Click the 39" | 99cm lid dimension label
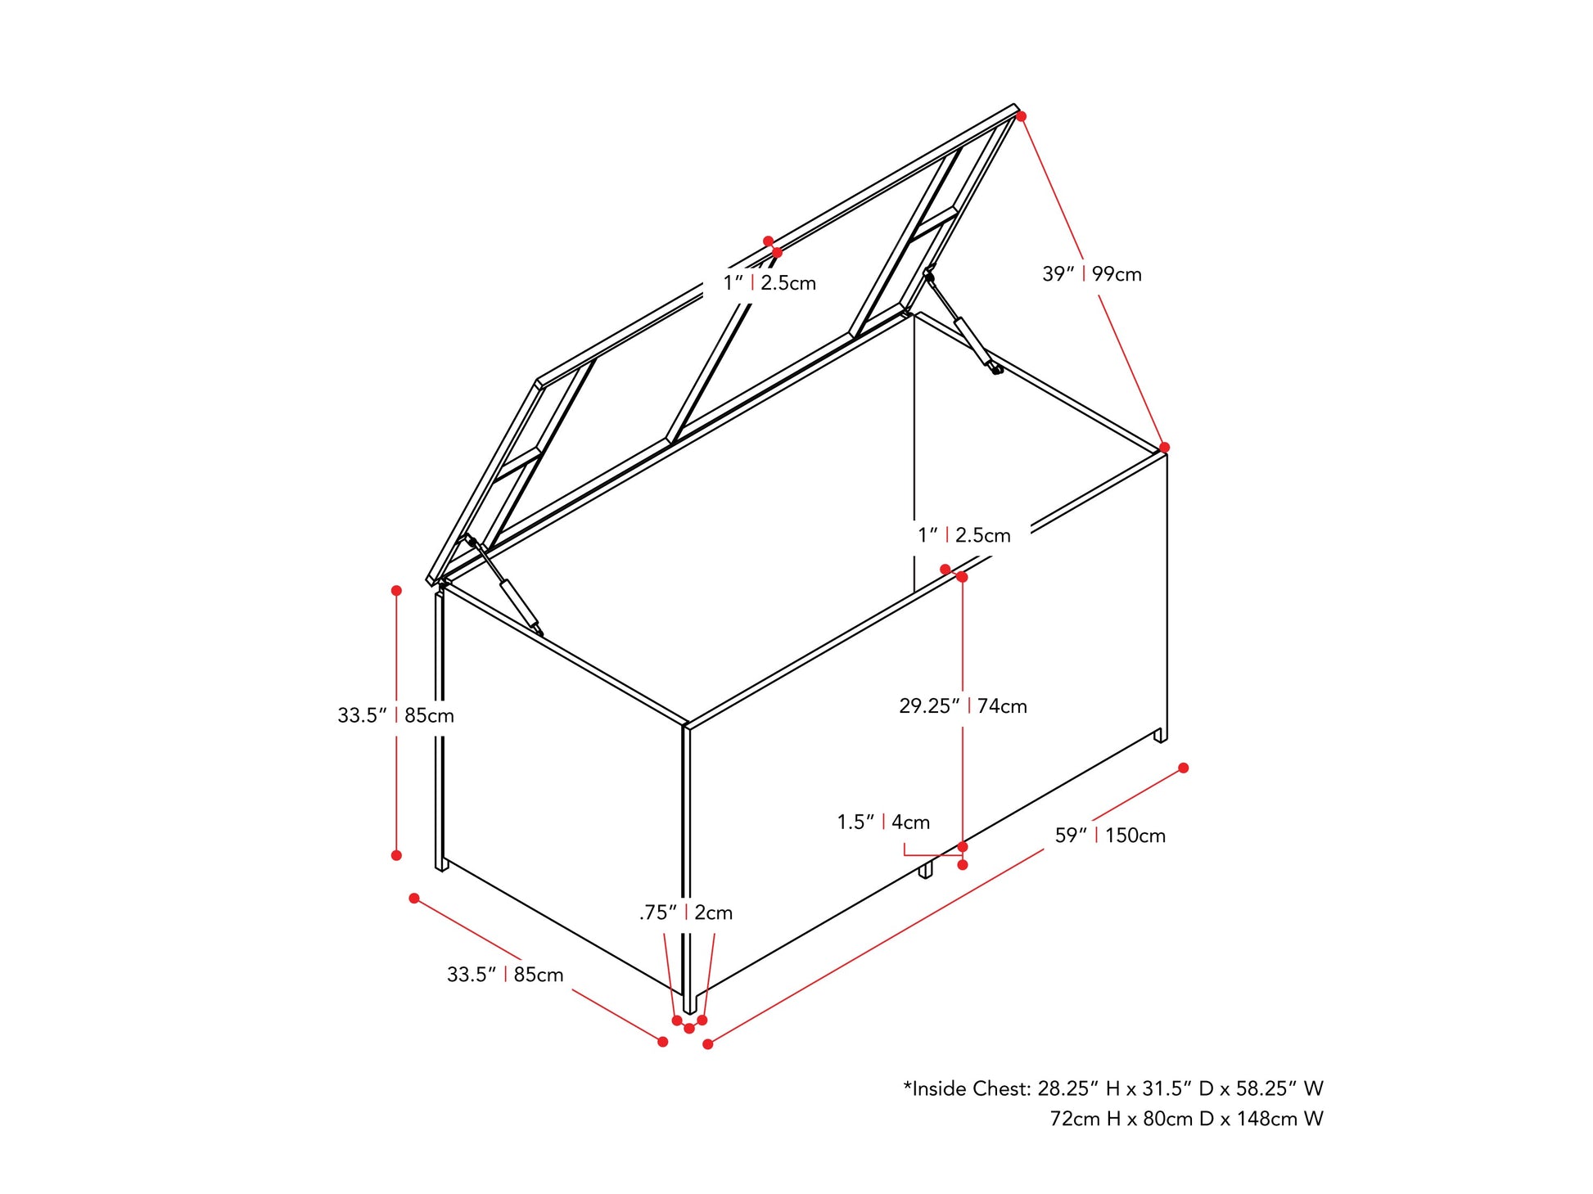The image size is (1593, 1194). click(1091, 274)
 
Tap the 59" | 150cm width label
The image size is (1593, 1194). click(1110, 836)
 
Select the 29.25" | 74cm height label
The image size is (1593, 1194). click(963, 705)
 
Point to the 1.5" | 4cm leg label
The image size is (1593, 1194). click(883, 822)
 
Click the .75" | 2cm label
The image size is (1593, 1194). click(686, 912)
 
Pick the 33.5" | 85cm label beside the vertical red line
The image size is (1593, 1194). click(395, 715)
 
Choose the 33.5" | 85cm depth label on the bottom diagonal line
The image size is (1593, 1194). click(505, 975)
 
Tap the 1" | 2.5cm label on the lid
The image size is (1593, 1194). click(769, 283)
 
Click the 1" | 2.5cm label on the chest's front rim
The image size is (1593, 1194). click(964, 535)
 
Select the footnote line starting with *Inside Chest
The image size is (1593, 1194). click(1113, 1088)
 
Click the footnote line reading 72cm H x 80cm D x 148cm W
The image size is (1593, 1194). click(1186, 1118)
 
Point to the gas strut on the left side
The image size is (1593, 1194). click(504, 585)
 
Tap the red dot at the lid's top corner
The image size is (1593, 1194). click(1021, 116)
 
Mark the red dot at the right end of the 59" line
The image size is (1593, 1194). click(1183, 768)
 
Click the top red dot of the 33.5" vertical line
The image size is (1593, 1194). click(396, 590)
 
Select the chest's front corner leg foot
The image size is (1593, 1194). click(689, 1003)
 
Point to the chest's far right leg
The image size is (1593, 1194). click(1161, 735)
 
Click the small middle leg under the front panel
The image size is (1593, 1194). click(925, 870)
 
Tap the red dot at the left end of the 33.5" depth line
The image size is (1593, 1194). click(414, 899)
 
